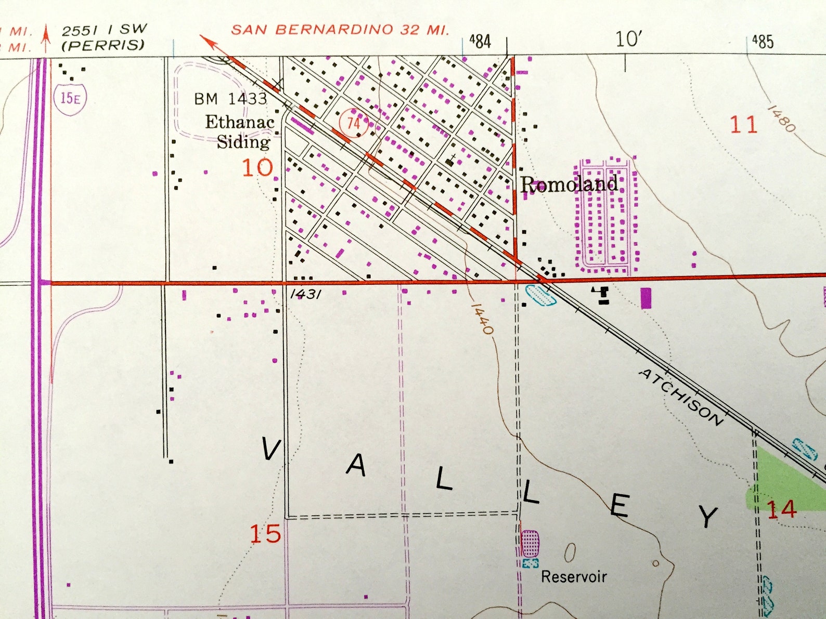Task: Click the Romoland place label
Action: [x=569, y=184]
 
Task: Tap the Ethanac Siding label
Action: [x=241, y=131]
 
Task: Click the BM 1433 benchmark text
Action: [x=230, y=98]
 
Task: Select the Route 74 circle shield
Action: [x=353, y=123]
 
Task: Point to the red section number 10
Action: [x=257, y=167]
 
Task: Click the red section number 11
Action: [x=743, y=125]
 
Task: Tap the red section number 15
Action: [x=265, y=534]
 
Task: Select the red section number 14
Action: [x=781, y=509]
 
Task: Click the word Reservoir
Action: [x=574, y=576]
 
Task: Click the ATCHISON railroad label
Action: [x=681, y=397]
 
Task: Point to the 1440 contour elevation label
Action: [x=482, y=319]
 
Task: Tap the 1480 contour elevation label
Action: [x=781, y=118]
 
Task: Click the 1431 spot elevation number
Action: [x=305, y=294]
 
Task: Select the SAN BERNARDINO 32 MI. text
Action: [x=340, y=30]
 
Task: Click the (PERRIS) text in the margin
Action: [x=102, y=45]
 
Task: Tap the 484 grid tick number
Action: [x=480, y=41]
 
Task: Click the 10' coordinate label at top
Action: [x=628, y=39]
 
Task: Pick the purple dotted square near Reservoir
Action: [x=530, y=544]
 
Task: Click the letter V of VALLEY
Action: [x=271, y=449]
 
